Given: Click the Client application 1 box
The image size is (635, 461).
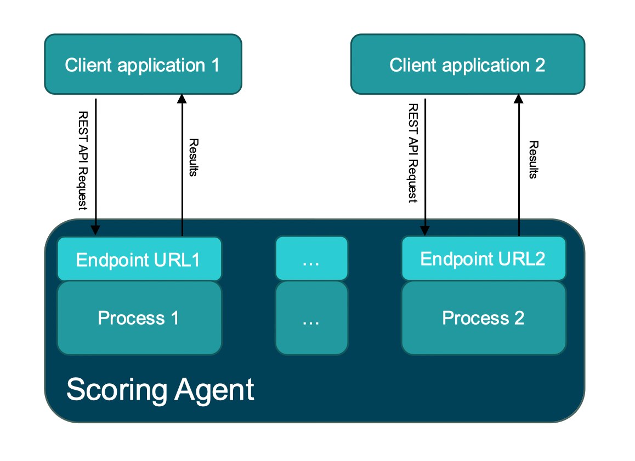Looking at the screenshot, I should pos(143,64).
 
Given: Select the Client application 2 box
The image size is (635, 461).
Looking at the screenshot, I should pos(467,64).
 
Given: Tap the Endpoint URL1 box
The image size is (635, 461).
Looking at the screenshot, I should pos(139,259).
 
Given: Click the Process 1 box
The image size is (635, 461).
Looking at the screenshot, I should pos(139,318).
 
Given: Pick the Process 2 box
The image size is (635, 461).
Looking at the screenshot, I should pos(483,318).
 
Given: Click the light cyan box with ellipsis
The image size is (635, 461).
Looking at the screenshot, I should pos(311,259).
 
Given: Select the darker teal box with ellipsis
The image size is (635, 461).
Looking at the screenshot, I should pos(311,318).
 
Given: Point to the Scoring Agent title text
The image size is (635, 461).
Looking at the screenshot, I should pos(160,390).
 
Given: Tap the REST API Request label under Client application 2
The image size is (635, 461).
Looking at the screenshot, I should pos(413,154).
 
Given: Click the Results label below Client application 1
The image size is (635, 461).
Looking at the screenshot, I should pos(192,157).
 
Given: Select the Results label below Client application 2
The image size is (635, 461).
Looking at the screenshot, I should pos(532,159).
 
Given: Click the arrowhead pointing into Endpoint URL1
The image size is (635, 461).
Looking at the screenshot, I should pos(96,231).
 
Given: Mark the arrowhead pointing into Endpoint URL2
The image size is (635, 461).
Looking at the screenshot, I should pos(425,231).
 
